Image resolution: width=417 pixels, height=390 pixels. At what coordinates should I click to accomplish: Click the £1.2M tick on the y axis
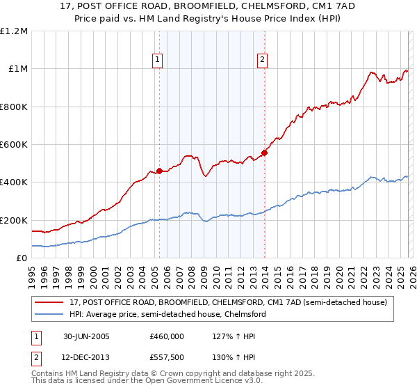[x=14, y=31]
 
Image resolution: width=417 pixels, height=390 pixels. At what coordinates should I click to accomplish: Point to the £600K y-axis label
[x=14, y=145]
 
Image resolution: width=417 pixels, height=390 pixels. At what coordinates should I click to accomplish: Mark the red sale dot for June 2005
[x=160, y=171]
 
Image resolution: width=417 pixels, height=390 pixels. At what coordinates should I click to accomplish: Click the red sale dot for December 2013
[x=264, y=153]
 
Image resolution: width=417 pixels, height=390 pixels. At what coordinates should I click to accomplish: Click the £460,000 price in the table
[x=167, y=336]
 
